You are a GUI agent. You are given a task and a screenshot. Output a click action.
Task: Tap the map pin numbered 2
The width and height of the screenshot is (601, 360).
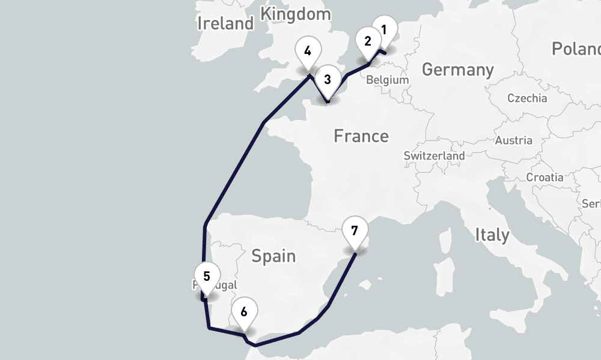[367, 41]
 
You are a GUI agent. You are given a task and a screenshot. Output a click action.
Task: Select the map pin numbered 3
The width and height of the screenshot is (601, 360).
[327, 79]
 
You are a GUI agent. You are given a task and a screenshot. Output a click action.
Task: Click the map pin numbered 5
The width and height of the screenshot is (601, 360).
[206, 277]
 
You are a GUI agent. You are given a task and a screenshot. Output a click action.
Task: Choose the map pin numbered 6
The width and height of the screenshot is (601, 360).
[243, 312]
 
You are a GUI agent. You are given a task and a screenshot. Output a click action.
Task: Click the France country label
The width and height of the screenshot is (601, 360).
[361, 136]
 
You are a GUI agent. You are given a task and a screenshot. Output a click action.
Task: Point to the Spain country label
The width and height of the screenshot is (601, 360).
[273, 256]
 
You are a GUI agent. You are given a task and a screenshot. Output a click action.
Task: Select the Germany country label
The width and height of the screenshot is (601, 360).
[457, 70]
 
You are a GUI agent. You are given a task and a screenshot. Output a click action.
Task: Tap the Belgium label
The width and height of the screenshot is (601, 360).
[387, 80]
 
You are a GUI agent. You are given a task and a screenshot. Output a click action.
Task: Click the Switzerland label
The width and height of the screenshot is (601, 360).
[434, 155]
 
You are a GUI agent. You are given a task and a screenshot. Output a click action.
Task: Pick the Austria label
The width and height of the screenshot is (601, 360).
[513, 140]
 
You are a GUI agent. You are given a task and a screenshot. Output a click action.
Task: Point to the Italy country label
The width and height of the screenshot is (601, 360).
[492, 235]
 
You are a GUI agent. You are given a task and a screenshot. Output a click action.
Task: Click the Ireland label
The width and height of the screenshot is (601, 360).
[226, 24]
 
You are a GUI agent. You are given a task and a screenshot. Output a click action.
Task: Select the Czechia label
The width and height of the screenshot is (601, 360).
[527, 98]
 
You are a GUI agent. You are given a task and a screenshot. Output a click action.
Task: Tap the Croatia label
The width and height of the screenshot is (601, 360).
[545, 177]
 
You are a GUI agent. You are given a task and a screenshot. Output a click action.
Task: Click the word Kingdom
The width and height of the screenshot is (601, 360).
[296, 14]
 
